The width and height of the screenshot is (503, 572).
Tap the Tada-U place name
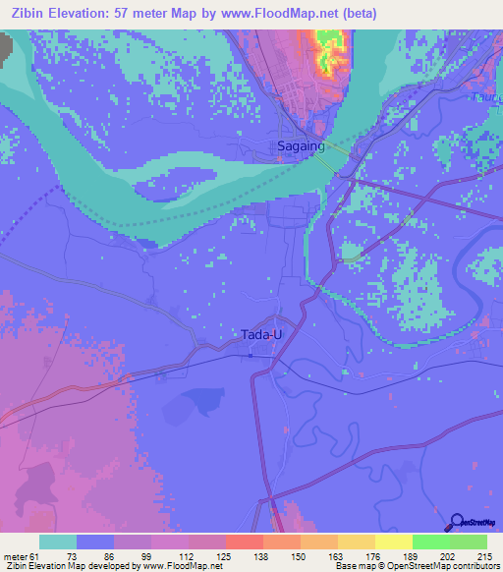coord(261,334)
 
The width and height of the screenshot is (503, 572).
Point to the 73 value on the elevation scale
coord(72,554)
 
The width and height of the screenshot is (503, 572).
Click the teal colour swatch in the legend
coord(58,542)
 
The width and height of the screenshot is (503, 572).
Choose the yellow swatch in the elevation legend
coord(393,542)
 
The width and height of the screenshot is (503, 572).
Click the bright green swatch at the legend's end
coord(469,542)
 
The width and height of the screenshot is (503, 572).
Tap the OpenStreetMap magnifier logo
coord(457,522)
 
